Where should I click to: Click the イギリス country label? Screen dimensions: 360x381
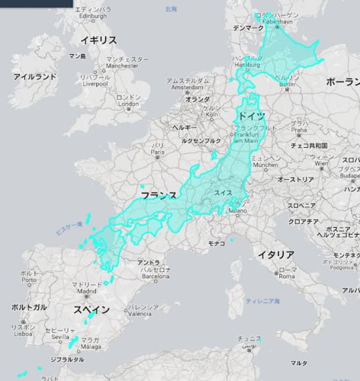click(x=99, y=40)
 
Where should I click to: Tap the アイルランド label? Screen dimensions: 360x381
click(x=35, y=77)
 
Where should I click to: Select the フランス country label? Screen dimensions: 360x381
click(x=159, y=196)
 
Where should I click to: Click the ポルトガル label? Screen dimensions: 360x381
click(x=29, y=306)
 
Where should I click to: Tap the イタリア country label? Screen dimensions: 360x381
click(x=276, y=254)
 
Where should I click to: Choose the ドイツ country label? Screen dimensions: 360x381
click(x=252, y=114)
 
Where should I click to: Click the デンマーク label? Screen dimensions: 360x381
click(x=249, y=28)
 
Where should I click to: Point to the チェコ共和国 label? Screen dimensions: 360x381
click(x=310, y=145)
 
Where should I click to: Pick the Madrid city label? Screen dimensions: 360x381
click(x=85, y=290)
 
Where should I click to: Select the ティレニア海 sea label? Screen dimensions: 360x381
click(x=263, y=302)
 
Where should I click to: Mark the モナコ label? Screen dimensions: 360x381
click(x=217, y=242)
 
